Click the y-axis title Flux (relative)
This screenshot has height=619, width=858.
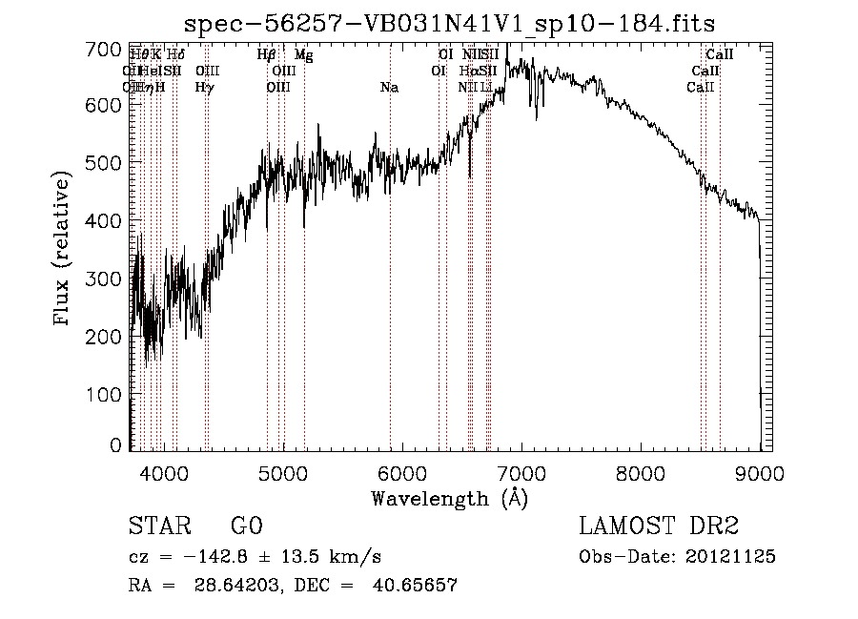[64, 250]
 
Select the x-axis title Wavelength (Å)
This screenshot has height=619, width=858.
[449, 497]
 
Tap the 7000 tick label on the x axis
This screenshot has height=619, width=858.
[521, 472]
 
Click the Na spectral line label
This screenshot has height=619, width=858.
[389, 88]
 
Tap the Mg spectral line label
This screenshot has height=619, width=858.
[303, 56]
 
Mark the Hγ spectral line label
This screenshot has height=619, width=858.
[204, 88]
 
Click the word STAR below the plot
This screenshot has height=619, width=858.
[158, 526]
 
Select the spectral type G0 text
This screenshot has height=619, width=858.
[246, 526]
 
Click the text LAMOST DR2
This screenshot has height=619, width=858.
[659, 526]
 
